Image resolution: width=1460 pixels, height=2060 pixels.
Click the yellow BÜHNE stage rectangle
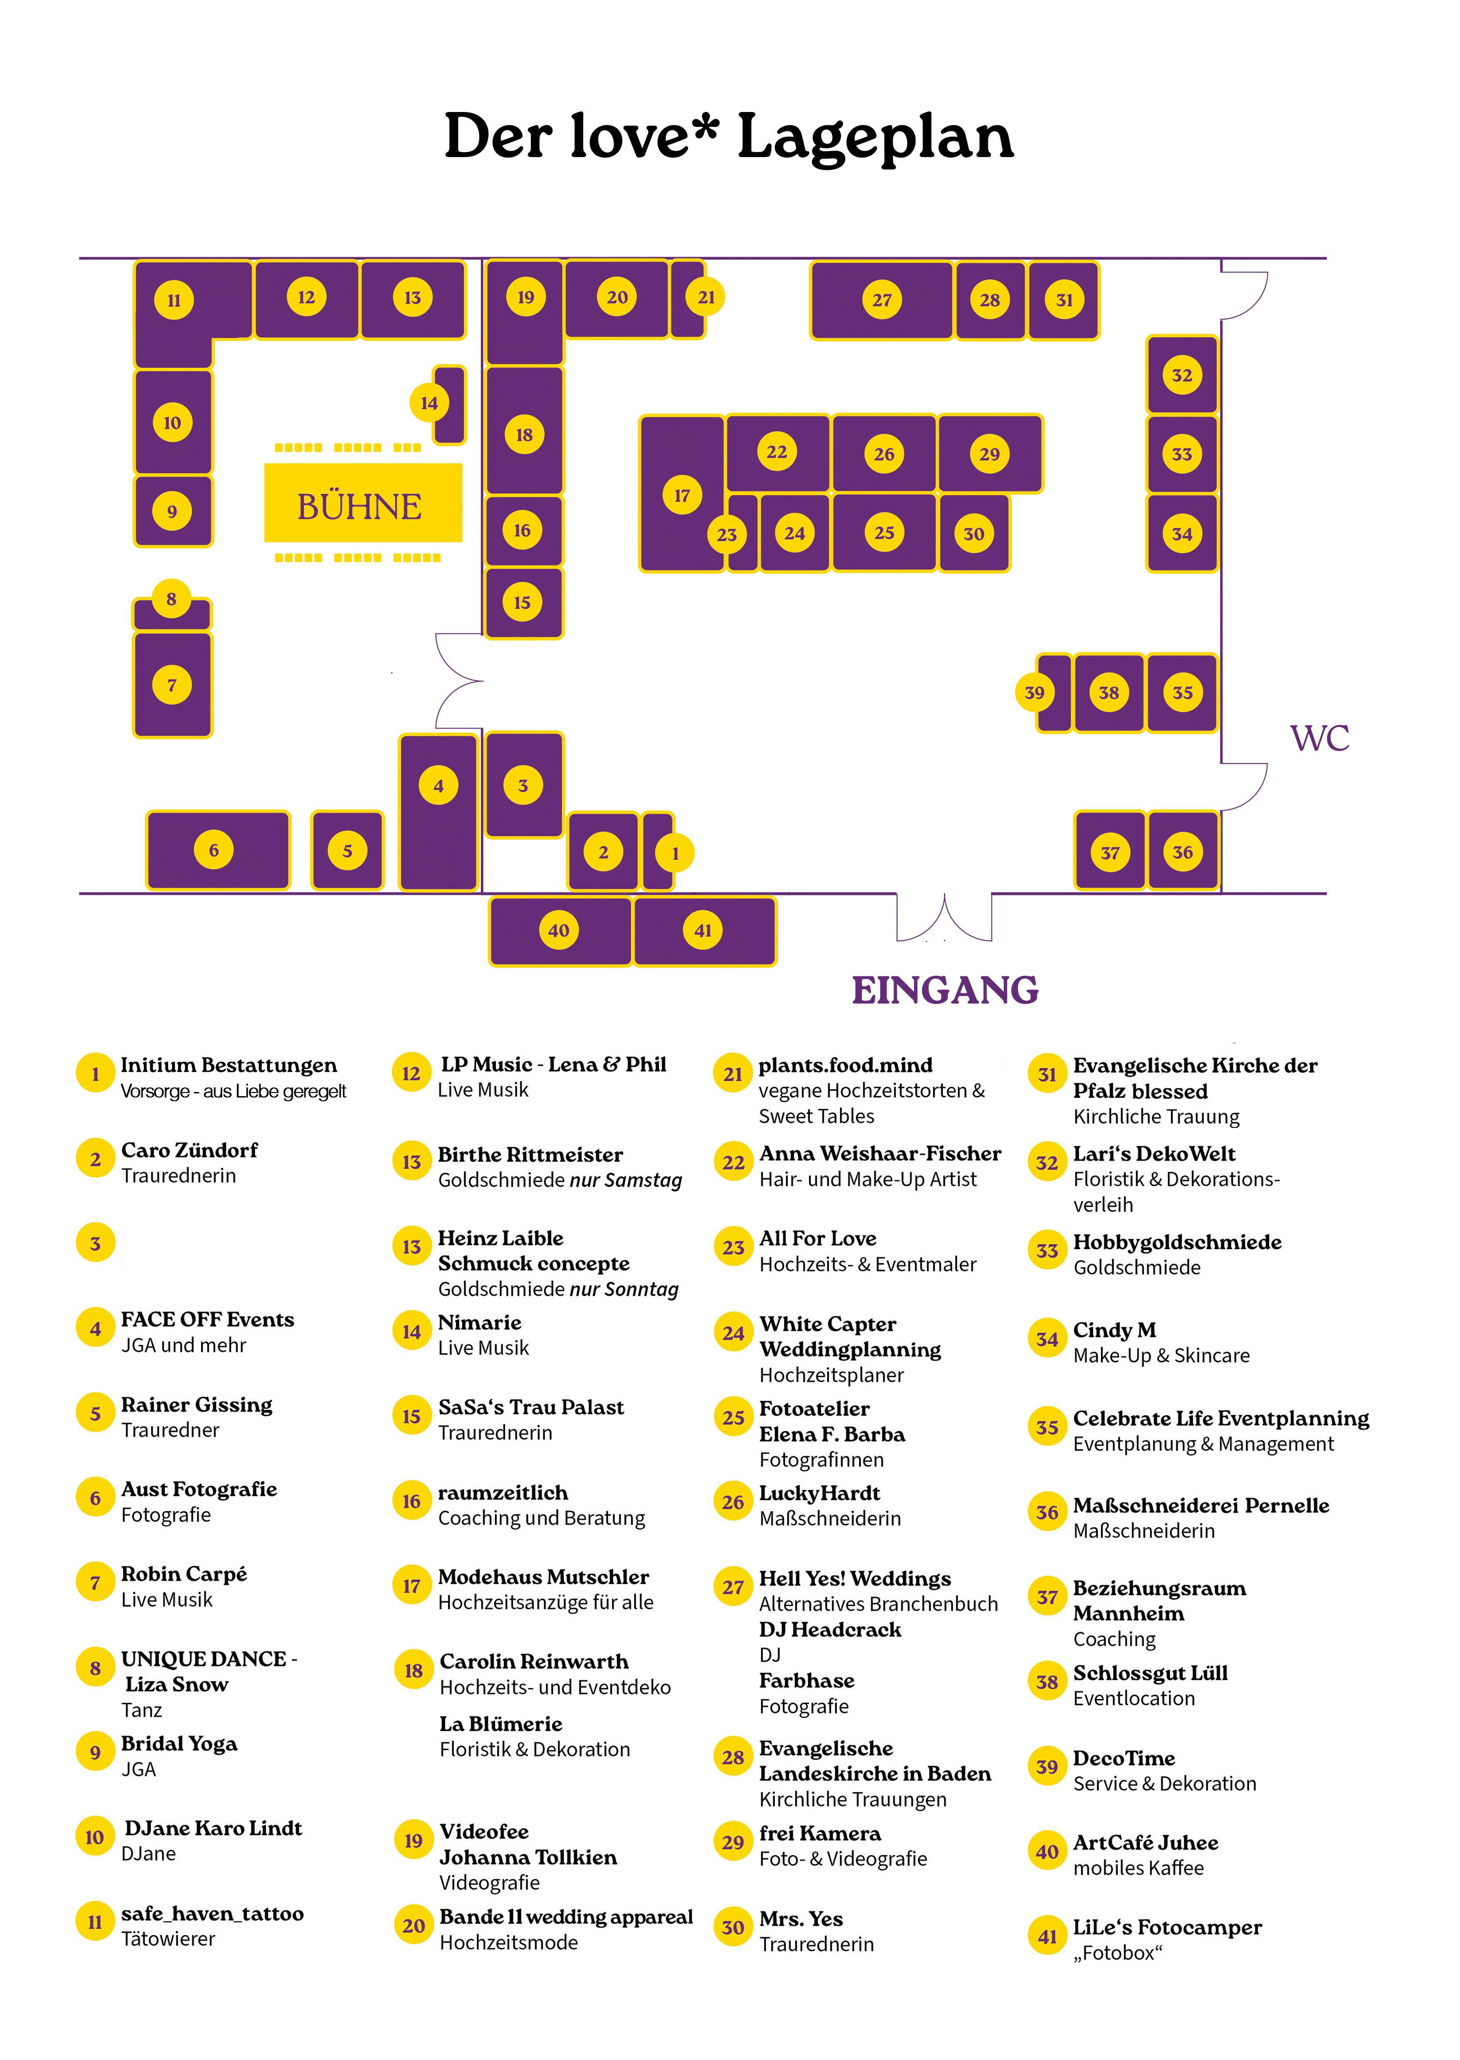(362, 503)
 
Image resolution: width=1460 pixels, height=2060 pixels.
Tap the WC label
(1319, 738)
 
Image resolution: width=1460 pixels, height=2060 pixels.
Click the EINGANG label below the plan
(945, 990)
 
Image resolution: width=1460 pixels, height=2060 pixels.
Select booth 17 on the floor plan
(681, 494)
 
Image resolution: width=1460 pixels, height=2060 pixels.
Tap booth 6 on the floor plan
(217, 849)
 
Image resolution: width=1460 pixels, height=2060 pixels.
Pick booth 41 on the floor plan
(704, 930)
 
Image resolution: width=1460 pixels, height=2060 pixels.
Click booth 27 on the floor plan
(881, 300)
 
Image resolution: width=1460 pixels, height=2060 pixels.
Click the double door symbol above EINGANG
(944, 917)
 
